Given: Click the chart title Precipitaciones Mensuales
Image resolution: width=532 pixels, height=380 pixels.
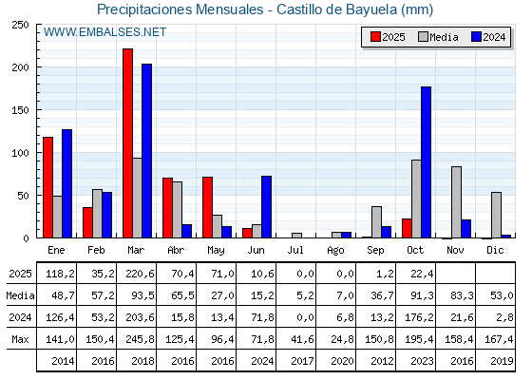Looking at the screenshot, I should point(266,9).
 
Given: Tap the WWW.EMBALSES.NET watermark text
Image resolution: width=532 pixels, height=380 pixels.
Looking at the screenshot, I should point(104,32).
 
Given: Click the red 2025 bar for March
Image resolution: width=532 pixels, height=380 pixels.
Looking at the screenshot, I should point(127,142).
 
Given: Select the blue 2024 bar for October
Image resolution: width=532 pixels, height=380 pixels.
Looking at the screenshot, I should point(426,161).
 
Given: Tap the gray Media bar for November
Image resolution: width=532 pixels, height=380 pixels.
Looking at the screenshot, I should point(456,202).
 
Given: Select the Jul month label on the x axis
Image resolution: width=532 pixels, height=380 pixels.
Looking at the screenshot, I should point(296,249).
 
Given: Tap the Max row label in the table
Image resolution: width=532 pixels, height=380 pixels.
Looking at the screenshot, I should point(19,339).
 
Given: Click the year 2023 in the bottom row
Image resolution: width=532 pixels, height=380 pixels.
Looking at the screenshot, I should point(418,361).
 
